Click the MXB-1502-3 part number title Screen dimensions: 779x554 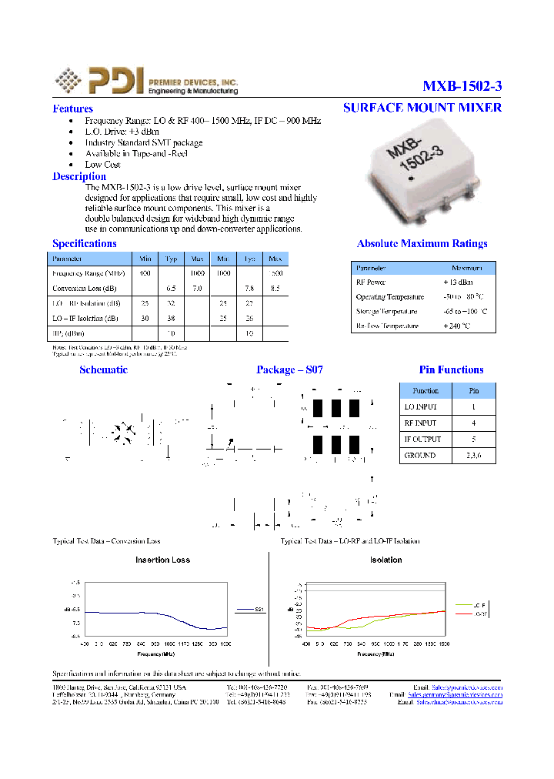point(462,86)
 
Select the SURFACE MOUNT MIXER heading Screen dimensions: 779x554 point(422,108)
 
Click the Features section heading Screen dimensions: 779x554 point(72,109)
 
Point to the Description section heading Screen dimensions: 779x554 point(79,176)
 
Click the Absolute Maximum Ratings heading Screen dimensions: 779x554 point(422,244)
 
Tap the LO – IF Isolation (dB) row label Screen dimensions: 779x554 point(85,318)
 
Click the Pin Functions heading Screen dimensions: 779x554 point(451,370)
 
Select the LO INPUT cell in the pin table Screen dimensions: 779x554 point(420,406)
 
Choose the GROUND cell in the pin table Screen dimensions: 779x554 point(420,455)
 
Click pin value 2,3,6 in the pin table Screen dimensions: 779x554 point(473,455)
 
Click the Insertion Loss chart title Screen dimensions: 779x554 point(162,560)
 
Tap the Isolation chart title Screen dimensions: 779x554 point(385,560)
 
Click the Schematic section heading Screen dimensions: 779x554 point(103,370)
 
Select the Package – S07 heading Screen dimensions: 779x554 point(289,370)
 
